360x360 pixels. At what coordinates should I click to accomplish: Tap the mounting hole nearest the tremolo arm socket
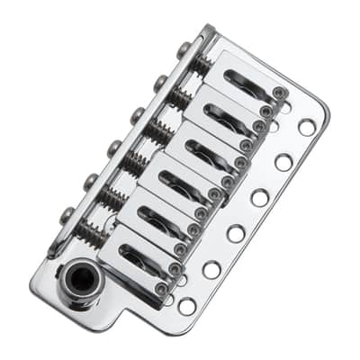[187, 306]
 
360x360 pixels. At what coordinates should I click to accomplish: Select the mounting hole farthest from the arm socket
[307, 127]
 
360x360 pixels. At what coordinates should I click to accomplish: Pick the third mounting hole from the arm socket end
[236, 234]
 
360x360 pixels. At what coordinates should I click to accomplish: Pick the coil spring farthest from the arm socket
[202, 64]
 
